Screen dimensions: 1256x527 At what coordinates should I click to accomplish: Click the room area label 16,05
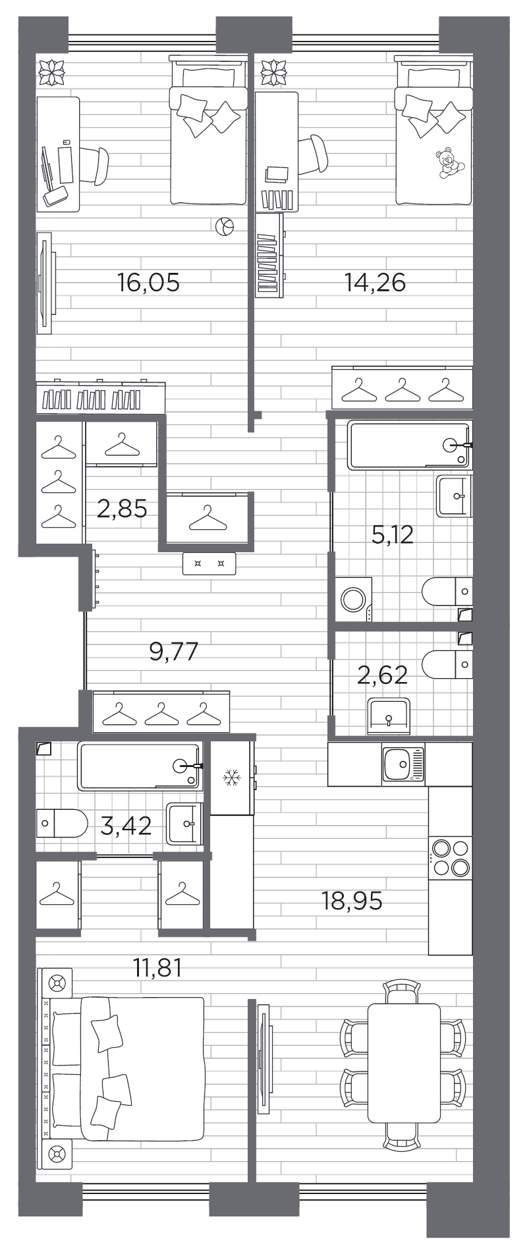point(148,283)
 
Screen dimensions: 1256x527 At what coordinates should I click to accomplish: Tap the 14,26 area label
point(375,283)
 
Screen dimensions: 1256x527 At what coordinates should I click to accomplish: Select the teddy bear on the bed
point(448,163)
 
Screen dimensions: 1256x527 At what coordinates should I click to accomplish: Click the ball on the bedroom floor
point(224,227)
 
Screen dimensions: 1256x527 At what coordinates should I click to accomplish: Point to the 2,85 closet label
point(122,509)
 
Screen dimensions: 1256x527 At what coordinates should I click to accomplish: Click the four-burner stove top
point(451,857)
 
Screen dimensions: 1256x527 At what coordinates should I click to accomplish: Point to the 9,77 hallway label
point(174,652)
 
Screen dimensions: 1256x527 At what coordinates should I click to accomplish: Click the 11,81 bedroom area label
point(157,968)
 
